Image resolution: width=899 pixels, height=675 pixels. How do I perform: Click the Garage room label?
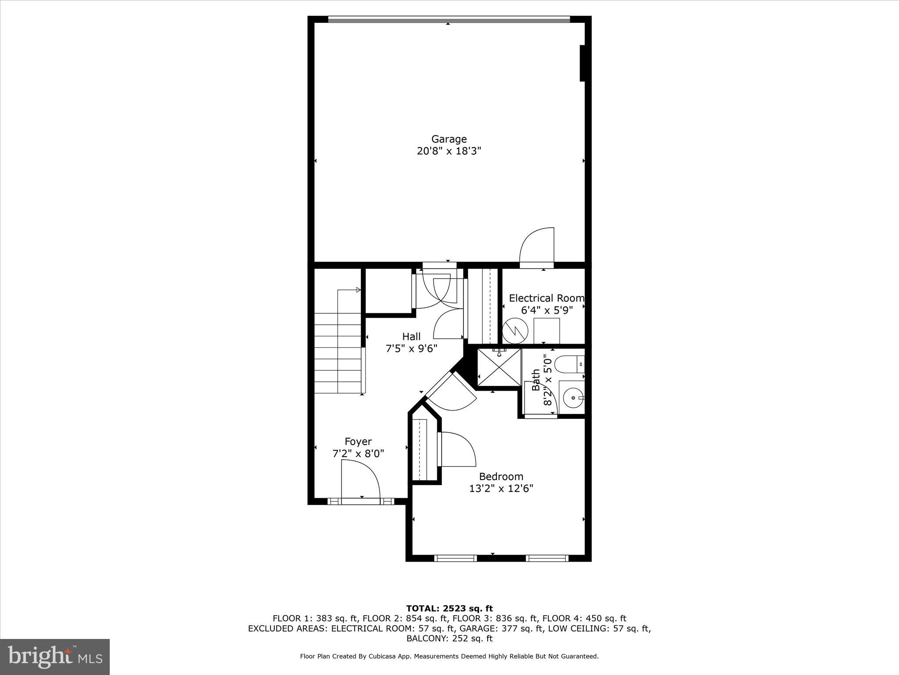(x=449, y=139)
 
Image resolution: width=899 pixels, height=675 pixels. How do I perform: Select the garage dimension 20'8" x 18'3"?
(x=449, y=151)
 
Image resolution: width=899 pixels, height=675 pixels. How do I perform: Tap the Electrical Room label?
(x=546, y=298)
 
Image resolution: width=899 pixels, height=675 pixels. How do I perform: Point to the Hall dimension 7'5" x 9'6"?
(x=411, y=348)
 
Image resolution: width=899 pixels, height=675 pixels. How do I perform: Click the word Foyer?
(x=358, y=442)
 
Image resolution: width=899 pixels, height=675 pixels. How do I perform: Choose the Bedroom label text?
(x=501, y=476)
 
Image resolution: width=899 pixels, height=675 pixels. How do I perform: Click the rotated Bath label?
(x=536, y=380)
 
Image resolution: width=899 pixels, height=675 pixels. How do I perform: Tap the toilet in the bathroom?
(x=569, y=364)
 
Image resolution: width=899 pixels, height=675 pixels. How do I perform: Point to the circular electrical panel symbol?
(x=515, y=330)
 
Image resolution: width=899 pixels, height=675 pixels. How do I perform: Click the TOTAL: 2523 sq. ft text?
(x=449, y=609)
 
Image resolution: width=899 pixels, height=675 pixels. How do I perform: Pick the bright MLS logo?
(x=55, y=657)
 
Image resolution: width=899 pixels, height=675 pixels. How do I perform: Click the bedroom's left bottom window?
(x=455, y=558)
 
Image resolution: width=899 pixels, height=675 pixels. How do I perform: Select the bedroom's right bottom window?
(x=547, y=558)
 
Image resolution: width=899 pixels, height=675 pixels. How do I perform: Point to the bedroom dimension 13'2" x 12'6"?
(x=501, y=488)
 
